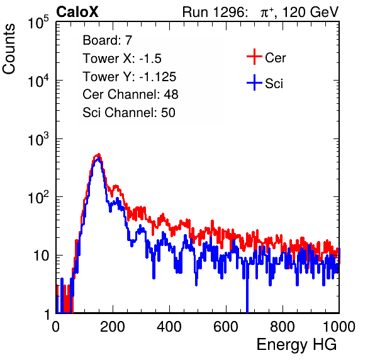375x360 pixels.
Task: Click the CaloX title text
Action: click(x=77, y=12)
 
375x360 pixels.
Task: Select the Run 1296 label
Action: click(x=215, y=12)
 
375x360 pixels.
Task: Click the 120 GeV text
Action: click(x=310, y=12)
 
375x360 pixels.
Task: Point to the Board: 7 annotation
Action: click(x=108, y=40)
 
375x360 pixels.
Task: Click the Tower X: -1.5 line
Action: click(x=122, y=59)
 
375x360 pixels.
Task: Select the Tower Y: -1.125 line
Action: click(x=130, y=77)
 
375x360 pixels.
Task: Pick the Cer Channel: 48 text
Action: click(x=130, y=94)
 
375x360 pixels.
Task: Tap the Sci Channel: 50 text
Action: click(x=129, y=113)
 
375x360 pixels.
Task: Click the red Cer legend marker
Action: click(x=254, y=57)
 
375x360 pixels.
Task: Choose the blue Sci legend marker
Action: click(x=254, y=82)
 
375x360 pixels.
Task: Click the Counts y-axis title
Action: click(x=9, y=49)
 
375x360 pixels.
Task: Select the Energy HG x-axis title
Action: click(x=296, y=345)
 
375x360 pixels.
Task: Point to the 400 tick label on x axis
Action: click(x=169, y=327)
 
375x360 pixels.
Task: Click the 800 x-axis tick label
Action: click(x=283, y=327)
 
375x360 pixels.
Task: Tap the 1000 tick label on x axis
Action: click(x=339, y=327)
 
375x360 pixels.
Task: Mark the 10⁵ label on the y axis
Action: click(x=38, y=23)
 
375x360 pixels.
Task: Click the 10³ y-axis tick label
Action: click(x=38, y=139)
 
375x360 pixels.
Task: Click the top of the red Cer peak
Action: click(x=99, y=154)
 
